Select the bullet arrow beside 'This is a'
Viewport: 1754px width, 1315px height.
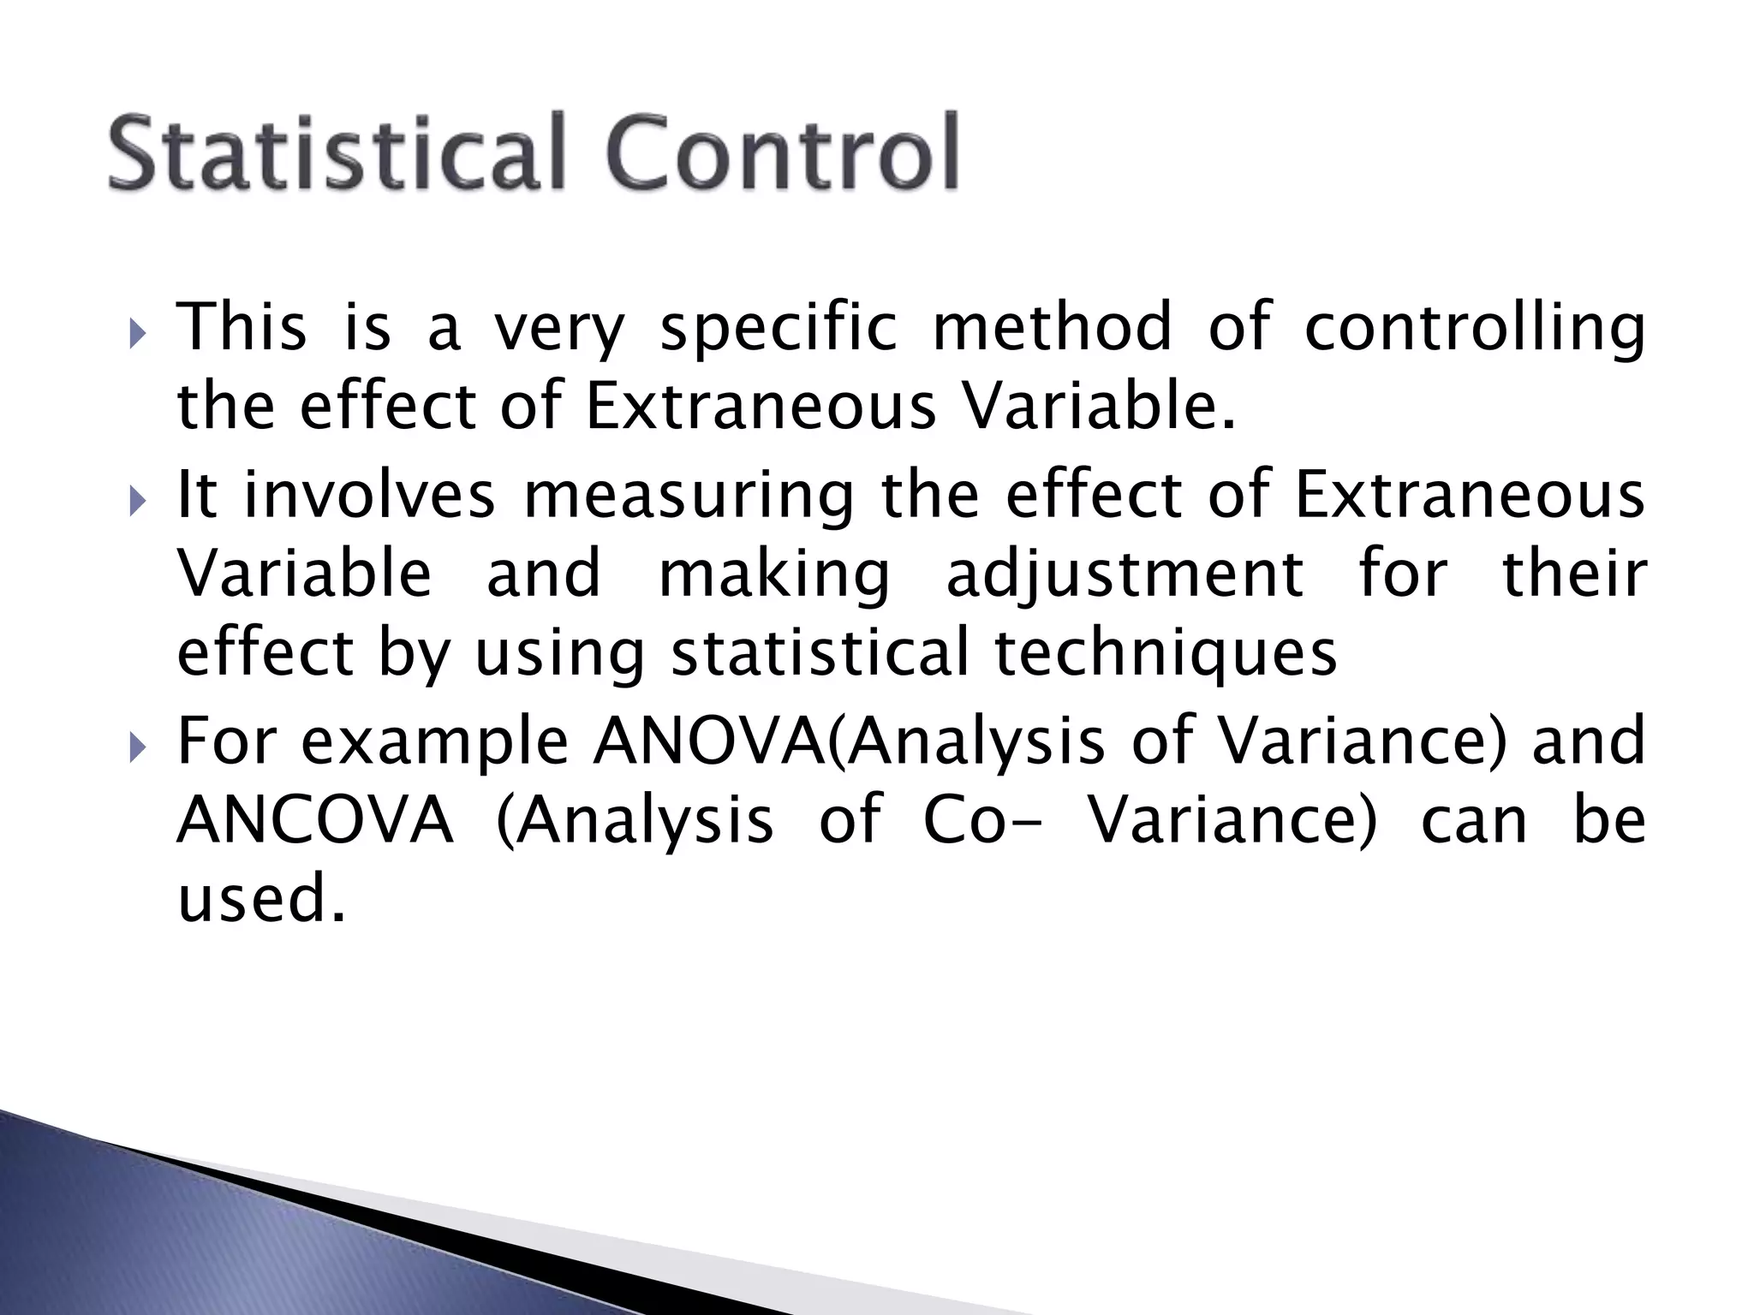140,330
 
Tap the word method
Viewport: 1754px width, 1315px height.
1052,327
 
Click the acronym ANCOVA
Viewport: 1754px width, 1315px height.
314,820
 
